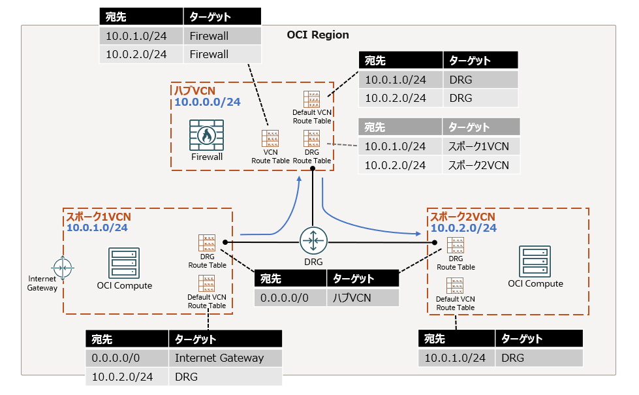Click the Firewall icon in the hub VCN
click(x=206, y=135)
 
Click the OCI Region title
click(x=318, y=35)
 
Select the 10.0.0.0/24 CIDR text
click(x=207, y=102)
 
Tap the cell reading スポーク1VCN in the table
click(x=478, y=146)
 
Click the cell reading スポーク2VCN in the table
click(x=479, y=165)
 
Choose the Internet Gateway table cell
click(x=219, y=358)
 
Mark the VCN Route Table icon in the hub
click(x=270, y=139)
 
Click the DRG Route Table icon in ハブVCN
click(x=312, y=139)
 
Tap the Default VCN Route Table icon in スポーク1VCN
click(x=206, y=283)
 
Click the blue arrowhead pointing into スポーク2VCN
click(x=417, y=233)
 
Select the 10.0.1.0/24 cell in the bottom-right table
click(x=455, y=358)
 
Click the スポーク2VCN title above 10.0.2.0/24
click(x=461, y=217)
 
